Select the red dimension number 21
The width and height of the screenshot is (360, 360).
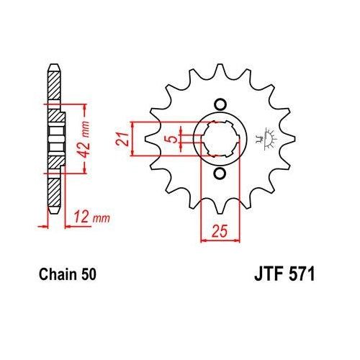[124, 138]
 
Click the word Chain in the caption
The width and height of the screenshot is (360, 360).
[52, 274]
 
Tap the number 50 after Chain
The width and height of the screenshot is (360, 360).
[84, 274]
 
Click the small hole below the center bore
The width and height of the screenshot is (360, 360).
[220, 175]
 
